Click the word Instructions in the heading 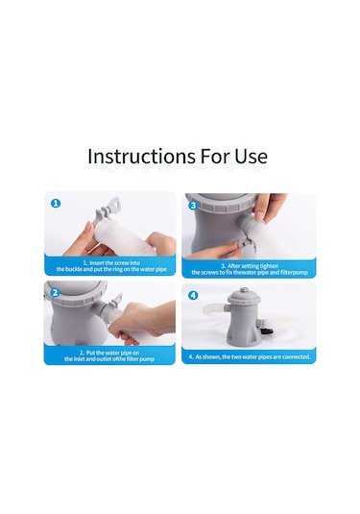141,156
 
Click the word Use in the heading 252,156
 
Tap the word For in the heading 214,156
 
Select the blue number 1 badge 56,204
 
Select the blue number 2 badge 55,292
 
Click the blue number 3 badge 193,206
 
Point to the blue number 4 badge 193,295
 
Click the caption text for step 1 111,266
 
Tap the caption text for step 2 109,356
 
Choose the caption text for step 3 250,269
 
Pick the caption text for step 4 250,356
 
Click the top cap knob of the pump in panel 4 243,290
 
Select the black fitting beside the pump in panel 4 266,333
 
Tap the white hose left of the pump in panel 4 214,309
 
